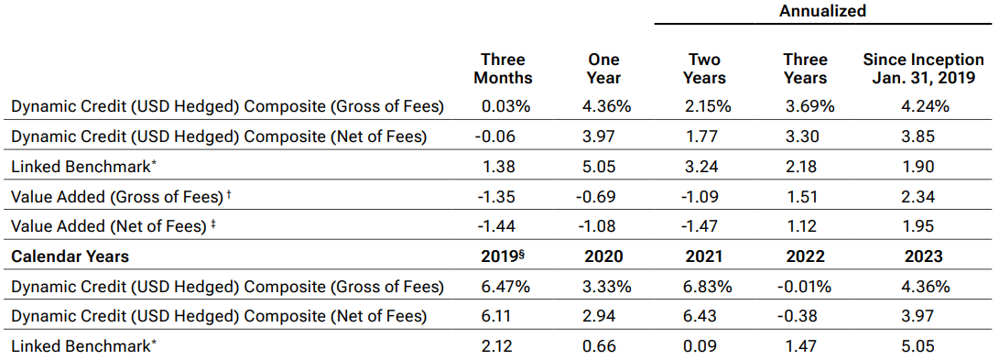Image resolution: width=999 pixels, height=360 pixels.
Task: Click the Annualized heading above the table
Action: click(x=822, y=12)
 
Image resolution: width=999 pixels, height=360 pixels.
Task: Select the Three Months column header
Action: click(x=503, y=69)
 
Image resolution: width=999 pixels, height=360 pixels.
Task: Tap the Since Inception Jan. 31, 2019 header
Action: click(x=924, y=69)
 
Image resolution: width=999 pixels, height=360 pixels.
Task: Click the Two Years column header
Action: click(x=705, y=69)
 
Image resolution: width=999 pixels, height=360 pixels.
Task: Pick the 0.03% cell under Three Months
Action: click(x=506, y=106)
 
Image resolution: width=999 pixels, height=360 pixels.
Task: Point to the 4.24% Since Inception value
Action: click(x=925, y=106)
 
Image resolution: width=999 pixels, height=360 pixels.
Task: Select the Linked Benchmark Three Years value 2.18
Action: click(x=806, y=168)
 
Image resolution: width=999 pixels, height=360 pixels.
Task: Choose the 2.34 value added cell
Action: click(x=925, y=197)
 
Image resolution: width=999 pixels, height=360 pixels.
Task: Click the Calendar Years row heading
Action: click(x=70, y=257)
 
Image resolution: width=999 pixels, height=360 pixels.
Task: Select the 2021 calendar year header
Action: click(x=705, y=257)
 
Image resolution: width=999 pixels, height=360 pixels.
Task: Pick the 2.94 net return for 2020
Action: click(x=603, y=317)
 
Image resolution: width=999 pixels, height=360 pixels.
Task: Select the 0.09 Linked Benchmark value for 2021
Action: click(x=705, y=347)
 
